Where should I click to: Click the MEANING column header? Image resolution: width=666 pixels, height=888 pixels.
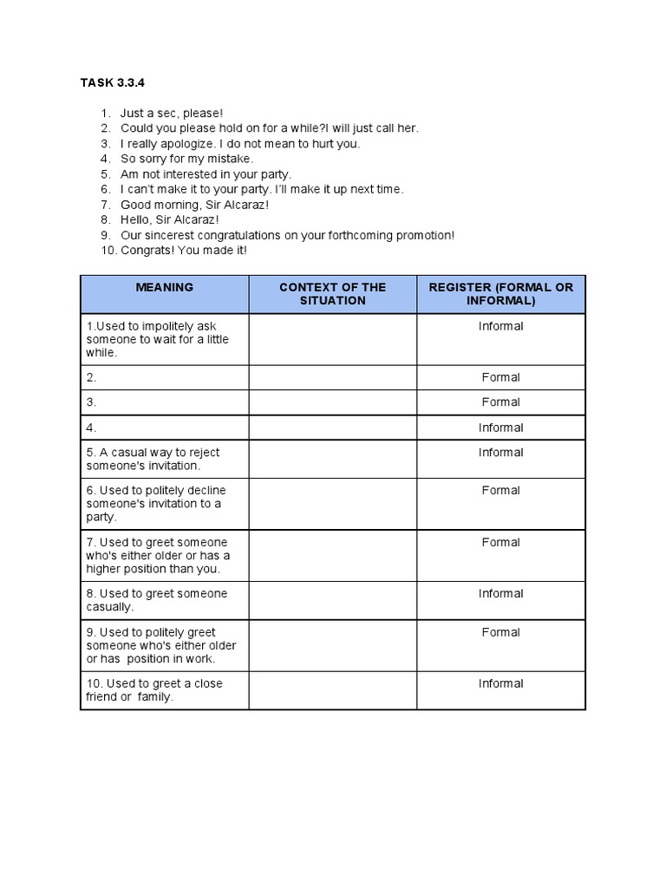point(164,287)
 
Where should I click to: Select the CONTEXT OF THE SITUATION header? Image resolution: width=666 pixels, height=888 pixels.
point(332,294)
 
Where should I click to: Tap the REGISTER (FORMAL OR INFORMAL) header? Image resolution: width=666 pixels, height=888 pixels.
point(500,294)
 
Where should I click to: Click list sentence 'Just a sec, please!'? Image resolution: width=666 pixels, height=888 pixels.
point(172,114)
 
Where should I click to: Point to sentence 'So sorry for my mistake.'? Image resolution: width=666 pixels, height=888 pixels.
point(186,159)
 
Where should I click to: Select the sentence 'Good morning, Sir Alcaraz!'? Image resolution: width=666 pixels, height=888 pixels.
point(194,205)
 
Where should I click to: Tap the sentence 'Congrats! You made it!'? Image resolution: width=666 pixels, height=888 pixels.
point(184,251)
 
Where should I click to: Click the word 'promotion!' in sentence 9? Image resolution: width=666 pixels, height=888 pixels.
point(426,235)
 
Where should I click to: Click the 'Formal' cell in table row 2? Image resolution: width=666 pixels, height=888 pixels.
point(500,377)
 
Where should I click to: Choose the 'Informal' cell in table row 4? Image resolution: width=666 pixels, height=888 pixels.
point(500,428)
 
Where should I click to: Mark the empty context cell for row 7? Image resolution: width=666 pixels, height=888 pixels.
point(332,555)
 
